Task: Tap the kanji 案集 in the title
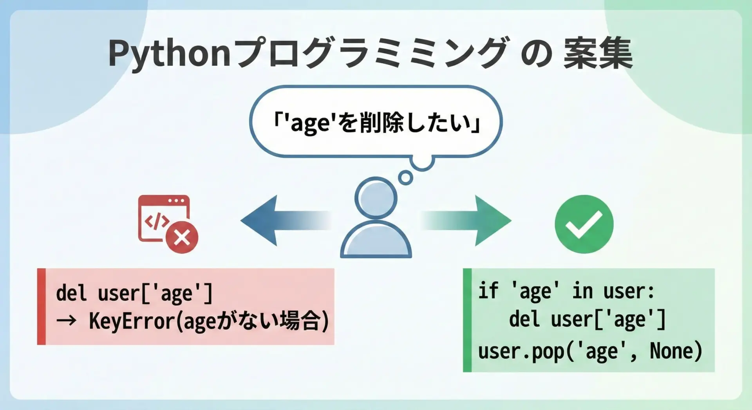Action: click(x=598, y=53)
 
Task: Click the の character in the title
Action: click(x=537, y=54)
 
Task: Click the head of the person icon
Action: click(x=376, y=198)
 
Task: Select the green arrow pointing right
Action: click(x=466, y=220)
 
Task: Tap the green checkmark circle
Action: click(x=584, y=224)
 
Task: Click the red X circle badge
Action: click(x=182, y=237)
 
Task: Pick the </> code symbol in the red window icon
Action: click(x=157, y=222)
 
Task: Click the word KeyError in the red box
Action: click(x=132, y=321)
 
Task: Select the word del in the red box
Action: click(x=71, y=293)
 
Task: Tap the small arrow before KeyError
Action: click(x=66, y=321)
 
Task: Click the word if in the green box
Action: click(x=488, y=291)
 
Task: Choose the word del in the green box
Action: click(x=524, y=319)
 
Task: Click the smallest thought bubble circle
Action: click(x=405, y=178)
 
